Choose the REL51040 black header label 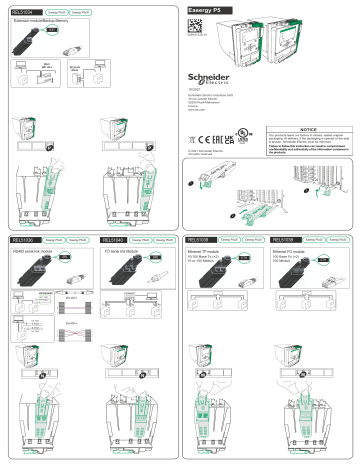pos(114,241)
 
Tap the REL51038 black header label pos(200,241)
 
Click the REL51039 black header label pos(288,241)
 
